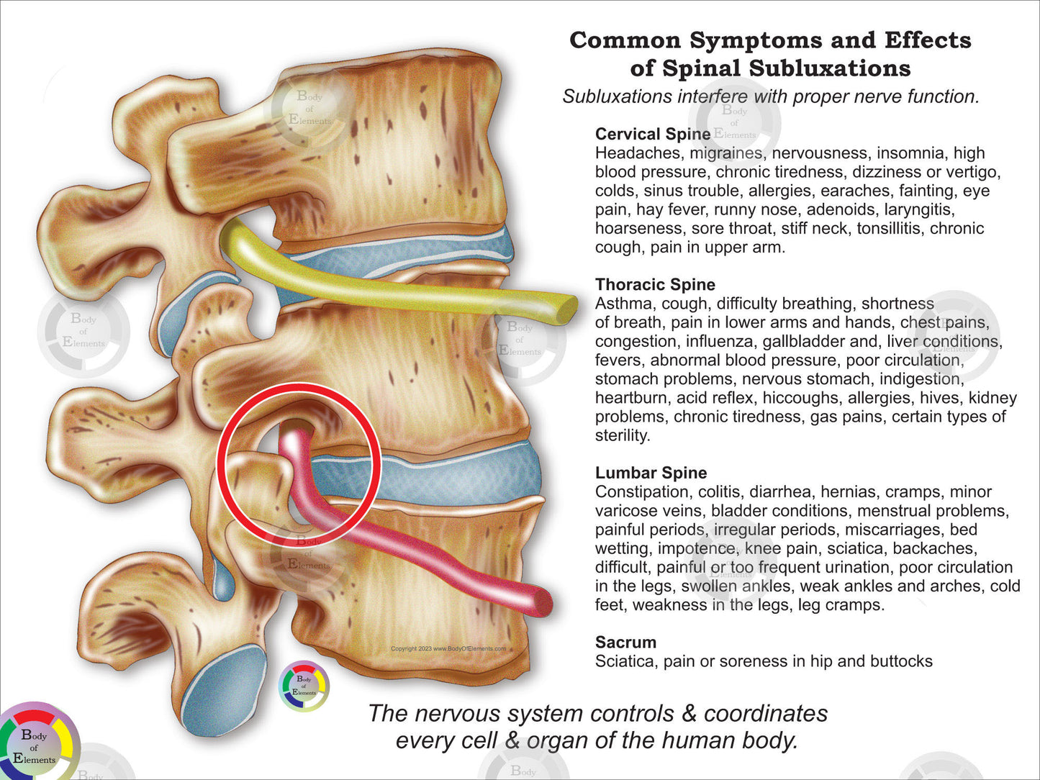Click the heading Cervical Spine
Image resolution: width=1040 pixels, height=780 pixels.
(652, 134)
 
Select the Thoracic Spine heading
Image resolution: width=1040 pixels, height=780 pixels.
(655, 284)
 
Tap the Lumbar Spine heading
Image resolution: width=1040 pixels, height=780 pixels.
(651, 473)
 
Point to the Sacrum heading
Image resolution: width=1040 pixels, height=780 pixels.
(625, 642)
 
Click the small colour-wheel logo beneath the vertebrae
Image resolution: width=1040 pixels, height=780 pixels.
(304, 686)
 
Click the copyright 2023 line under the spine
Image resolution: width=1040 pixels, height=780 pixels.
(448, 648)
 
